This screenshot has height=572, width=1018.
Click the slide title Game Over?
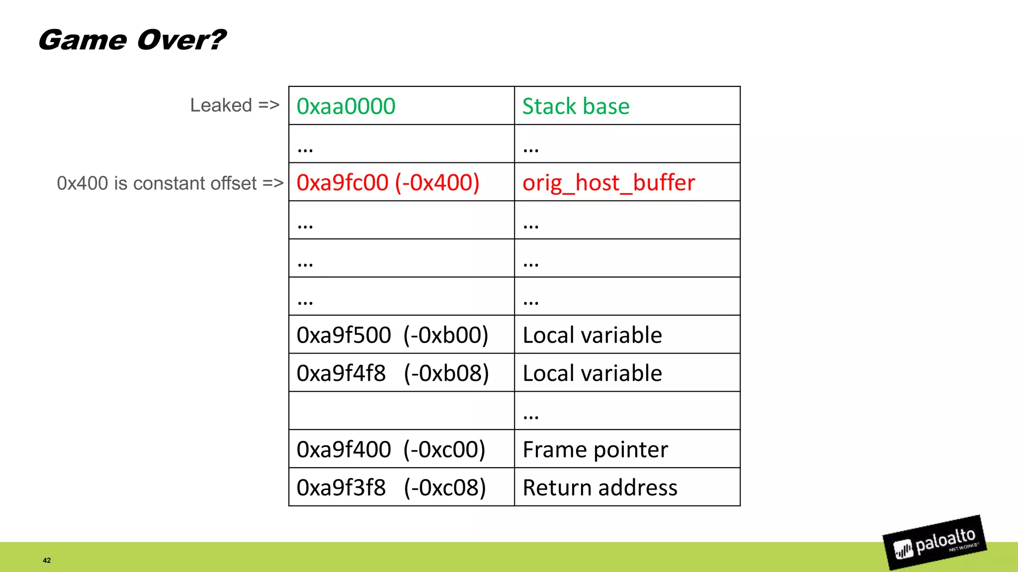pos(132,40)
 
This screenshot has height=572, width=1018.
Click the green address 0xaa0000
pos(346,106)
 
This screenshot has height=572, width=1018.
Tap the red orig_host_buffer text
pos(608,183)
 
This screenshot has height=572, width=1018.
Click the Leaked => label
pos(235,105)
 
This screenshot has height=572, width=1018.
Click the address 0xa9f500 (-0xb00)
pos(392,335)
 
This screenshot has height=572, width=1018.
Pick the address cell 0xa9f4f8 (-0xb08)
pos(392,373)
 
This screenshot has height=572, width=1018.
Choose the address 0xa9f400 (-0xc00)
pos(391,450)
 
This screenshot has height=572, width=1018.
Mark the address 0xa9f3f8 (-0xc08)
pos(391,488)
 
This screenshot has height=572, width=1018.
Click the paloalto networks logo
pos(934,543)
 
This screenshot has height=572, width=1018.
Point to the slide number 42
pos(47,561)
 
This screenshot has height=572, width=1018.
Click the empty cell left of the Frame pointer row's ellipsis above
pos(401,411)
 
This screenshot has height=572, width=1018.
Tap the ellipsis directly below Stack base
pos(531,148)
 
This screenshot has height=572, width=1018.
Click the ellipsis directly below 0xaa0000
pos(305,148)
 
